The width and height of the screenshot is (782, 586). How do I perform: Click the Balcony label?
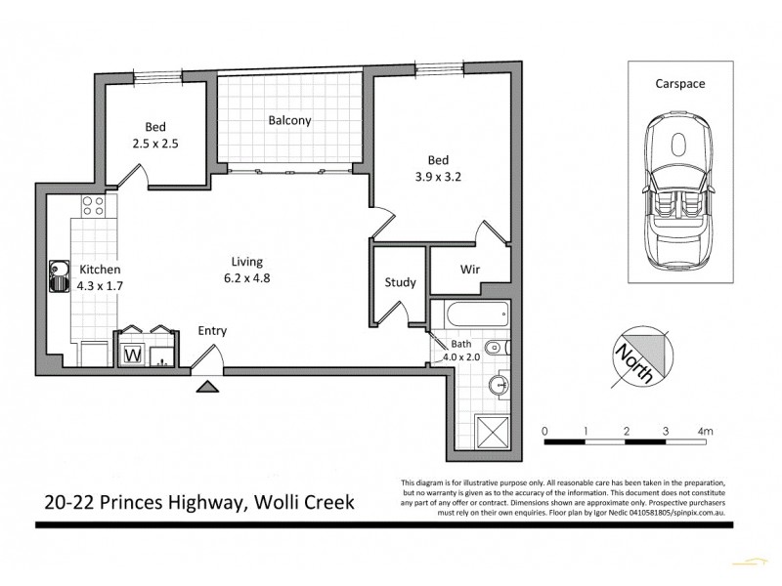coord(289,121)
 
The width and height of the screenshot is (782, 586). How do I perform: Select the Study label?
coord(401,283)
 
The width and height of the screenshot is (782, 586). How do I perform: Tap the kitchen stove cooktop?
coord(94,206)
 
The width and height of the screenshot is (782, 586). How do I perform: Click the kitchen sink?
coord(56,274)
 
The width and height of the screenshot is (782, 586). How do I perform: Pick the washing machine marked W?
coord(131,354)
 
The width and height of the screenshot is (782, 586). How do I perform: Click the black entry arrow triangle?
coord(207,387)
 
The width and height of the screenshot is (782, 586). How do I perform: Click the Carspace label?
coord(680,85)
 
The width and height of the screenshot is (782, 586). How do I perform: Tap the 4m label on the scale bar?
coord(705,431)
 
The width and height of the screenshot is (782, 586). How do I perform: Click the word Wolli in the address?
coord(286,502)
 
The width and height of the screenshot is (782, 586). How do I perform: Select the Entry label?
coord(212,331)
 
